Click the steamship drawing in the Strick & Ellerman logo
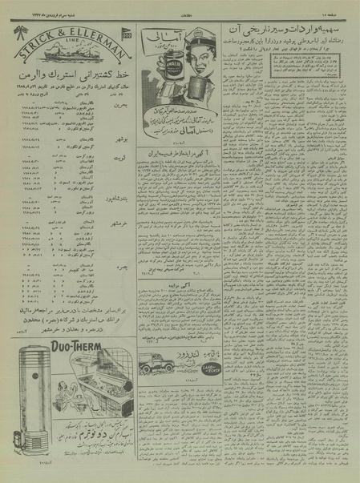pyautogui.click(x=67, y=53)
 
